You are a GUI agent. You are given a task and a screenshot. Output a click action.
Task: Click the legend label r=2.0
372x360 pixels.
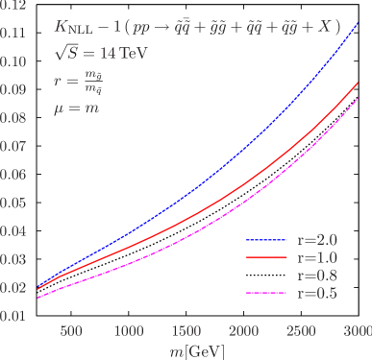(x=317, y=239)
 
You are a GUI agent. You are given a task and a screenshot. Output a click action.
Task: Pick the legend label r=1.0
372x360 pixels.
(x=317, y=257)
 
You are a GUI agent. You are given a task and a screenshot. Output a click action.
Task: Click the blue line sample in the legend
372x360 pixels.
(x=266, y=240)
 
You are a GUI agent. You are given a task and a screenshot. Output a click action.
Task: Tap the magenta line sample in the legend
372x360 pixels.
(x=266, y=293)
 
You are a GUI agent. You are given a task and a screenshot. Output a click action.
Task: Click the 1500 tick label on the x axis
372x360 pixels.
(x=186, y=331)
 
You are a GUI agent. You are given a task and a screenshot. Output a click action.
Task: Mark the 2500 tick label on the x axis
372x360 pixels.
(x=303, y=331)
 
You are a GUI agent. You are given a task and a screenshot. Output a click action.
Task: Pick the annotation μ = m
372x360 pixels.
(x=76, y=108)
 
